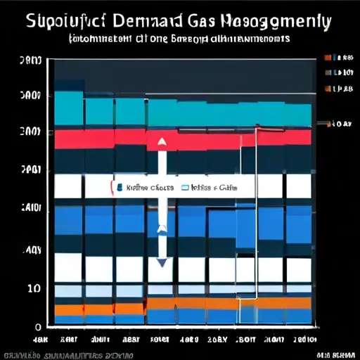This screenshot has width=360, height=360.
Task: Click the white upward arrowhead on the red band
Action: pos(162,141)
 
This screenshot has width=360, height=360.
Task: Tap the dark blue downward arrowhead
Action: pos(162,262)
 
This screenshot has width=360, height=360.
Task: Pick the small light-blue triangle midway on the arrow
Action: pos(162,228)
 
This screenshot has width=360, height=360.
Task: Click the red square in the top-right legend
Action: pos(327,57)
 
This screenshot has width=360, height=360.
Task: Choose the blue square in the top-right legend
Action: pos(327,72)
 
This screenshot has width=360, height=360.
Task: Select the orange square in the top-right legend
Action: pos(327,89)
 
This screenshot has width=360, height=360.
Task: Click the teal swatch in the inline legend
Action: pos(121,188)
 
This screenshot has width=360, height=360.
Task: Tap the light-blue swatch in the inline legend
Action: pos(186,188)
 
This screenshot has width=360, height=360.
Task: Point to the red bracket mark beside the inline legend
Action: pos(112,188)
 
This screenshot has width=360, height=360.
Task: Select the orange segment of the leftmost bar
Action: pos(69,309)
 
